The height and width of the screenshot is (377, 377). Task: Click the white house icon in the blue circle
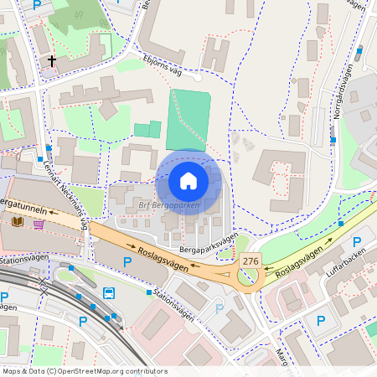tap(188, 180)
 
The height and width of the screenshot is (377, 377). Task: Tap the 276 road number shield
tap(250, 261)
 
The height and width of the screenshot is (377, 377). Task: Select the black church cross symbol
tap(52, 60)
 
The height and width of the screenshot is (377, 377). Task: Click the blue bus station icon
tap(110, 293)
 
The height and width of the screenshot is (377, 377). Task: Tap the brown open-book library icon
tap(18, 221)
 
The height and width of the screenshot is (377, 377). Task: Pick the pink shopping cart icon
tap(39, 224)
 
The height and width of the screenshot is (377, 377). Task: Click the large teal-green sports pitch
tap(188, 121)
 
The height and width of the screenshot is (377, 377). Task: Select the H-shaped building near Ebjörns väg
tap(215, 55)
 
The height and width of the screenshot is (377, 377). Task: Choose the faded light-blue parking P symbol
tap(220, 308)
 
